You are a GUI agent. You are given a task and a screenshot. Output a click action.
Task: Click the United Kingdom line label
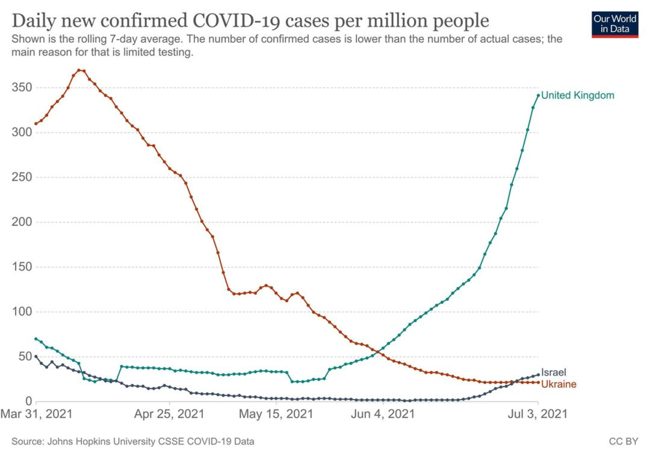tap(577, 95)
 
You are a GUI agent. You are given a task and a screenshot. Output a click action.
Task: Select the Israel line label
tap(554, 373)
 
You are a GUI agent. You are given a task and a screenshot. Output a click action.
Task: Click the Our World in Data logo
tap(615, 24)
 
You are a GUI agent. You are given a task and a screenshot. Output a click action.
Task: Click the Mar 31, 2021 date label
tap(36, 414)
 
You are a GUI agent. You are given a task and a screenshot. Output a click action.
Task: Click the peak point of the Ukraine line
tap(79, 70)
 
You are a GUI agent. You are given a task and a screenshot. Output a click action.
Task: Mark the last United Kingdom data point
tap(538, 95)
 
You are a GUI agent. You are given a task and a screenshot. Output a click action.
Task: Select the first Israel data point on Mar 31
tap(36, 357)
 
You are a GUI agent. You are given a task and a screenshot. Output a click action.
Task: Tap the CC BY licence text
tap(623, 442)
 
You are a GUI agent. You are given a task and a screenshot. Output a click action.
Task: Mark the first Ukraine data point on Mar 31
tap(36, 123)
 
